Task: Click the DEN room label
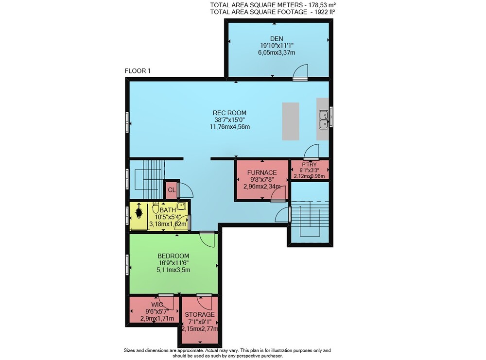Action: (277, 39)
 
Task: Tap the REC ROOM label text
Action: (229, 113)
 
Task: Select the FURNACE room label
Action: (262, 172)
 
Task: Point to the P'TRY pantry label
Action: (309, 165)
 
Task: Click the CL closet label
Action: (172, 190)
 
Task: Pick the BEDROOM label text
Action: (174, 256)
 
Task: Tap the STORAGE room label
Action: (200, 315)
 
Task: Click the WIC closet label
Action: (157, 305)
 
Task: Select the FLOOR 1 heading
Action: (138, 71)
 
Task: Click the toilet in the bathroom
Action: (156, 207)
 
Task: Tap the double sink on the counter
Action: (324, 120)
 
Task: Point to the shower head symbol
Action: (139, 211)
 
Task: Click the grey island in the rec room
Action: (291, 121)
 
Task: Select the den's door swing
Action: (301, 71)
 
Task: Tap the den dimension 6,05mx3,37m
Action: (277, 52)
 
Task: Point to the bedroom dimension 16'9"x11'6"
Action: (174, 263)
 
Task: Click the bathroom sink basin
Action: (181, 206)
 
